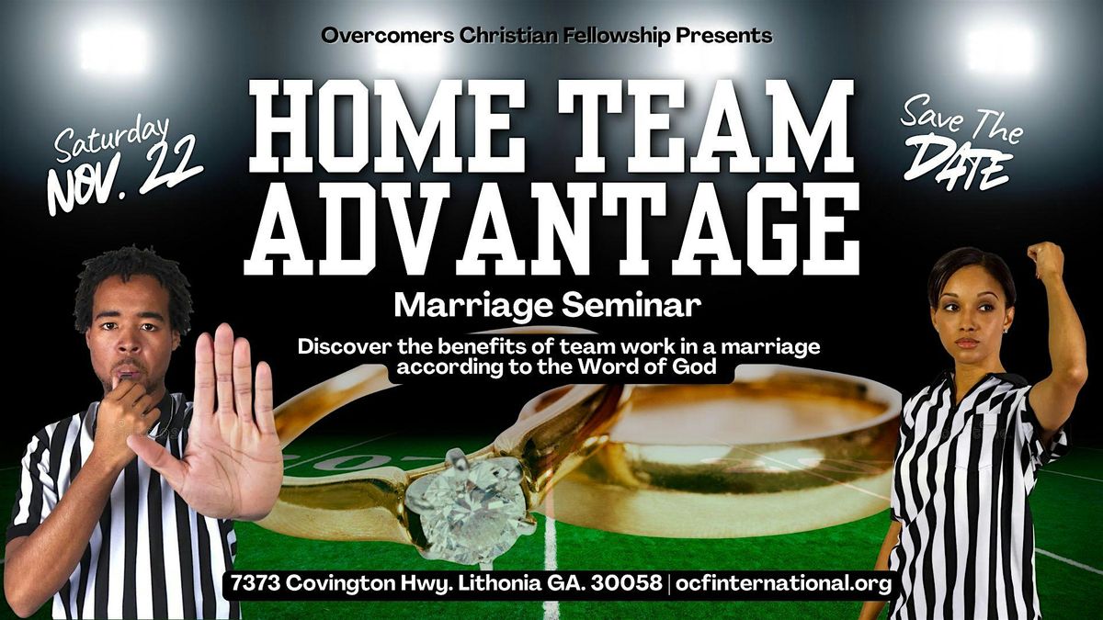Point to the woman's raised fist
click(x=1045, y=261)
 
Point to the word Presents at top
click(x=724, y=36)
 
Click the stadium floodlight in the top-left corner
click(x=113, y=48)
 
